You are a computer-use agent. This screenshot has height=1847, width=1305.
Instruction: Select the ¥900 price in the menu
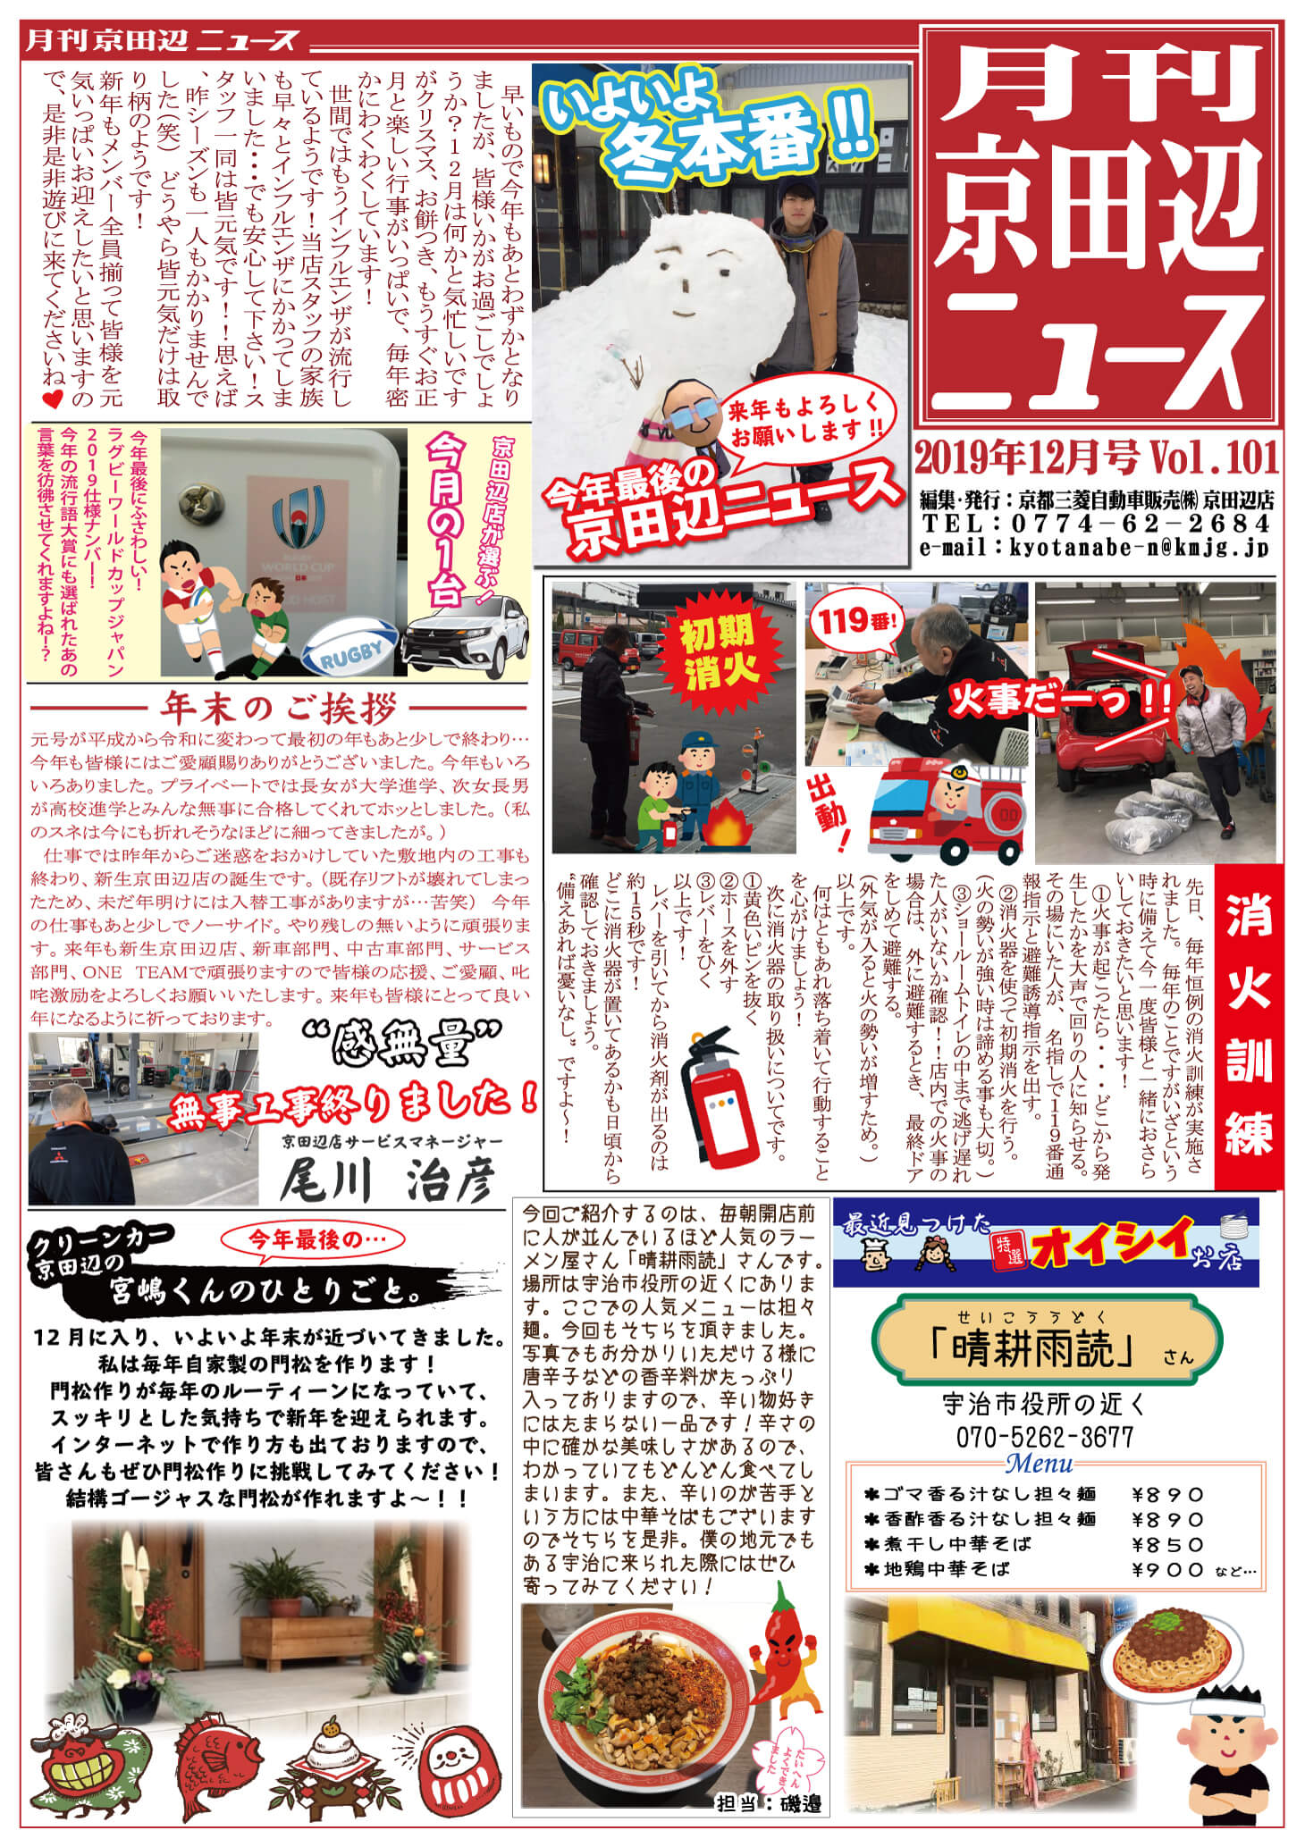tap(1168, 1569)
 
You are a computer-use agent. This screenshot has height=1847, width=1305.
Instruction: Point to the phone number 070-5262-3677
tap(1044, 1438)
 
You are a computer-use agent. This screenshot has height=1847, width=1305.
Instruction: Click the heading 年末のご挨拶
tap(278, 709)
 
